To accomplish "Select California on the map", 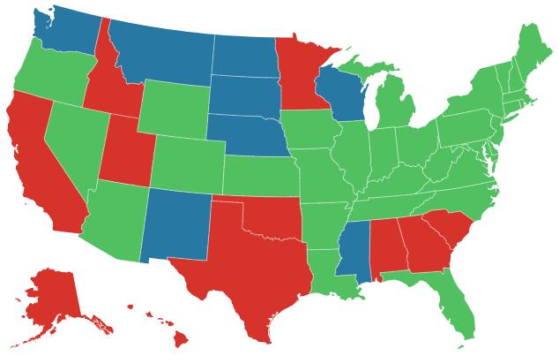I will click(40, 168).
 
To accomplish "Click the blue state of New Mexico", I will click(176, 225).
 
